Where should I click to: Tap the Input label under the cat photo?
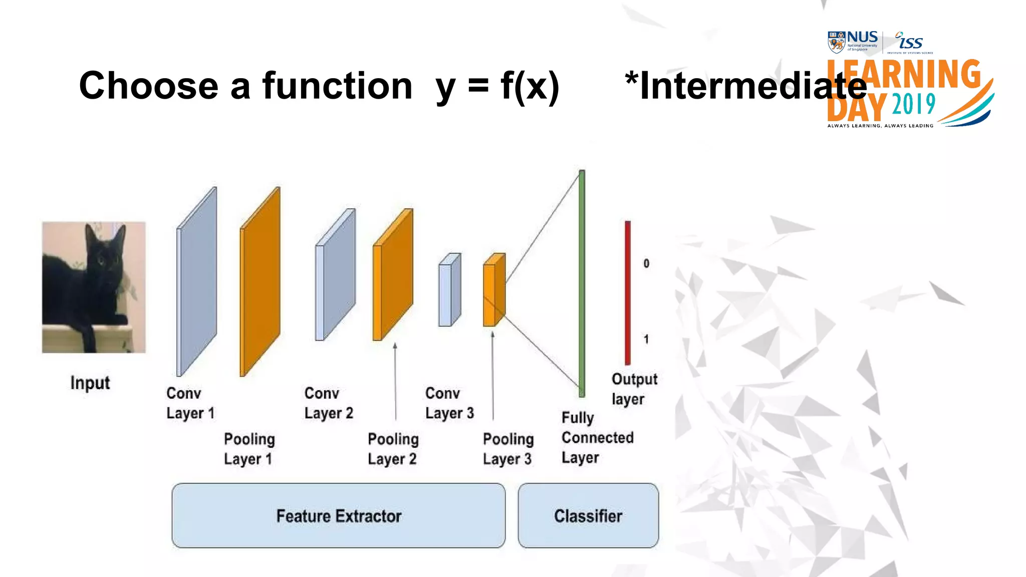90,383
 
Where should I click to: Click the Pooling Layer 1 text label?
249,449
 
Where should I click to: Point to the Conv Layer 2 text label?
329,403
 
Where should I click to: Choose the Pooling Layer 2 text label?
393,449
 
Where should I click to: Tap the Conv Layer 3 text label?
449,403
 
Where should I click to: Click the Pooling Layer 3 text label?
508,449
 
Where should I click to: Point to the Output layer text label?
634,389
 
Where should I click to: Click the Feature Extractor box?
339,516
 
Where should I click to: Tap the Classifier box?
588,516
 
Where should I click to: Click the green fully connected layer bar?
582,283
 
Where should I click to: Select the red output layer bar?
628,293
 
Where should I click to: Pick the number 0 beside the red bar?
646,263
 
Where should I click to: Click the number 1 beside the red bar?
646,340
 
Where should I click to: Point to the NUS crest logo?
837,42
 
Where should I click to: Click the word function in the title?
337,86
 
